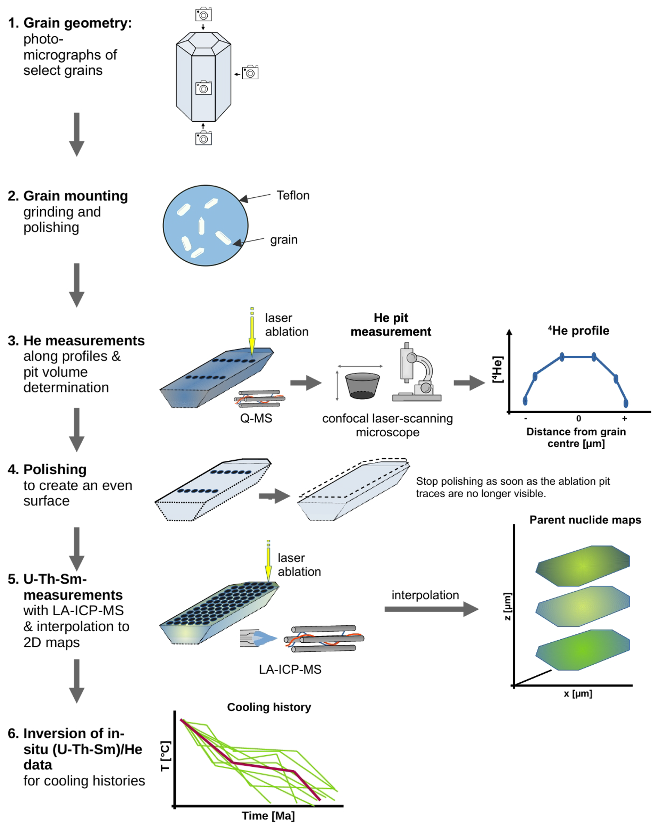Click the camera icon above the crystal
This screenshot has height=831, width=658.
click(203, 15)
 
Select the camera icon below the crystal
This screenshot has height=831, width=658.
click(203, 138)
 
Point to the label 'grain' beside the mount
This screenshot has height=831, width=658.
click(283, 240)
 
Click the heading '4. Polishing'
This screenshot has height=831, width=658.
click(47, 469)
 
